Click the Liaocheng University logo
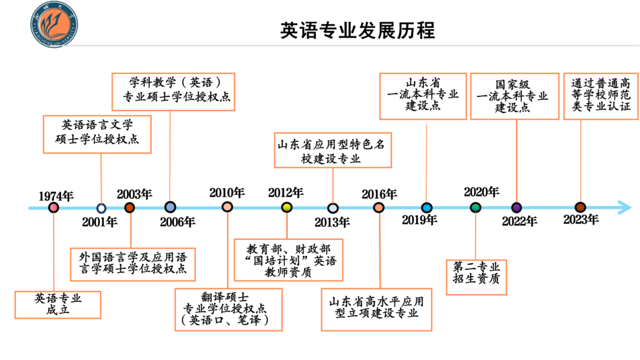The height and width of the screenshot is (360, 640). pyautogui.click(x=54, y=25)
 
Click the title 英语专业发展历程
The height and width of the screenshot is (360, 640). pyautogui.click(x=357, y=31)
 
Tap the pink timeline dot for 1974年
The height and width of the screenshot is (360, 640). pyautogui.click(x=54, y=207)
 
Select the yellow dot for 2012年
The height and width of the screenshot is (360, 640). pyautogui.click(x=287, y=207)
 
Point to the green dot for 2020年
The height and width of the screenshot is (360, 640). pyautogui.click(x=475, y=207)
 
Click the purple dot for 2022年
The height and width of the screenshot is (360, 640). pyautogui.click(x=516, y=207)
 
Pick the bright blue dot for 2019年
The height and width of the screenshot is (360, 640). pyautogui.click(x=427, y=207)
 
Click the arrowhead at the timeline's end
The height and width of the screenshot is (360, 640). pyautogui.click(x=625, y=207)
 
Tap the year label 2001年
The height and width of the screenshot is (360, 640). pyautogui.click(x=99, y=222)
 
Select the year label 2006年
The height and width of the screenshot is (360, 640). pyautogui.click(x=178, y=222)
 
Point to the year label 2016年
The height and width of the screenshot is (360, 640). pyautogui.click(x=379, y=194)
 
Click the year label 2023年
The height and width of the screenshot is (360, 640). pyautogui.click(x=581, y=220)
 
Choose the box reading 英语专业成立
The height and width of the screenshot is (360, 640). pyautogui.click(x=58, y=305)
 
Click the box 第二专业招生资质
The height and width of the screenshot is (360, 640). pyautogui.click(x=476, y=277)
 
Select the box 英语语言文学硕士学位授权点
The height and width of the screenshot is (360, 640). pyautogui.click(x=97, y=134)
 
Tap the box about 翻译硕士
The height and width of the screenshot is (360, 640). pyautogui.click(x=228, y=309)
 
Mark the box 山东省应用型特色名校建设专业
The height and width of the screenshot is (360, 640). pyautogui.click(x=332, y=150)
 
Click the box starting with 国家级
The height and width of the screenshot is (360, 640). pyautogui.click(x=515, y=96)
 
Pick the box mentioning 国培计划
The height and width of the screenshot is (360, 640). pyautogui.click(x=288, y=260)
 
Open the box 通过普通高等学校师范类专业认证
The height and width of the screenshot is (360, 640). pyautogui.click(x=601, y=96)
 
